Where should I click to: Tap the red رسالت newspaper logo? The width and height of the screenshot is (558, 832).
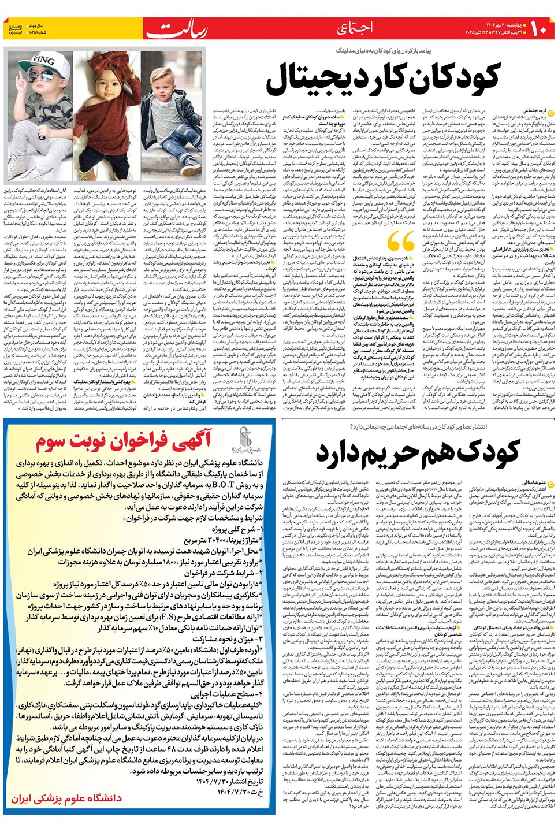tap(177, 29)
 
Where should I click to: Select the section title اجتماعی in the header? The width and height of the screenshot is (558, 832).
tap(355, 27)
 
